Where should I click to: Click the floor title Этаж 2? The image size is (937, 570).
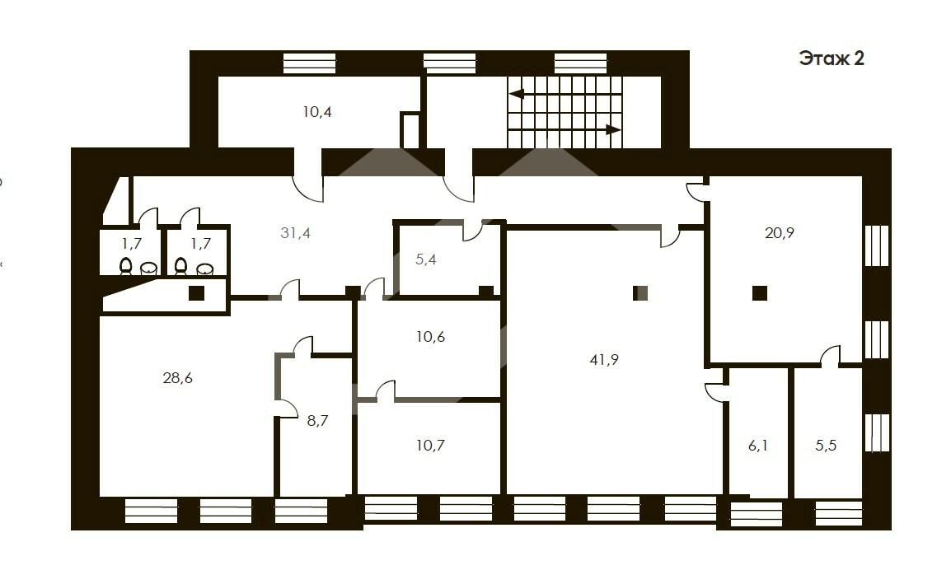pyautogui.click(x=832, y=58)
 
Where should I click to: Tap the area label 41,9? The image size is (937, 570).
pyautogui.click(x=603, y=360)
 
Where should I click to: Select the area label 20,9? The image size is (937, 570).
pyautogui.click(x=780, y=233)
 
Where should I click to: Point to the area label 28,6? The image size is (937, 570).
pyautogui.click(x=177, y=378)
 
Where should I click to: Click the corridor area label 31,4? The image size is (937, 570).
pyautogui.click(x=295, y=233)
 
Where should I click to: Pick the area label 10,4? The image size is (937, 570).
pyautogui.click(x=316, y=112)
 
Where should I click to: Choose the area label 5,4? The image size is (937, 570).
pyautogui.click(x=425, y=259)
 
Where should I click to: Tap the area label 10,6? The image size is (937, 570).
pyautogui.click(x=430, y=337)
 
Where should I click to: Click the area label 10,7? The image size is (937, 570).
pyautogui.click(x=430, y=445)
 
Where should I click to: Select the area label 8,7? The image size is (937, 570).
pyautogui.click(x=317, y=421)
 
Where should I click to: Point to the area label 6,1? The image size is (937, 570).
pyautogui.click(x=757, y=445)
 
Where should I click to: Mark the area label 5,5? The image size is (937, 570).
pyautogui.click(x=826, y=445)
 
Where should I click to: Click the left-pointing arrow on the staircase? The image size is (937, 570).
pyautogui.click(x=565, y=94)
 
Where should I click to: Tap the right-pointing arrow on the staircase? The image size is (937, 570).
pyautogui.click(x=565, y=129)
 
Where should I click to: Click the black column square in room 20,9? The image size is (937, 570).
pyautogui.click(x=760, y=293)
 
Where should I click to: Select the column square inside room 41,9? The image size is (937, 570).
pyautogui.click(x=640, y=293)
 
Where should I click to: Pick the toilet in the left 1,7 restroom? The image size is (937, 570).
pyautogui.click(x=125, y=266)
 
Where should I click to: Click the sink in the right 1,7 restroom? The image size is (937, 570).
pyautogui.click(x=204, y=269)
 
